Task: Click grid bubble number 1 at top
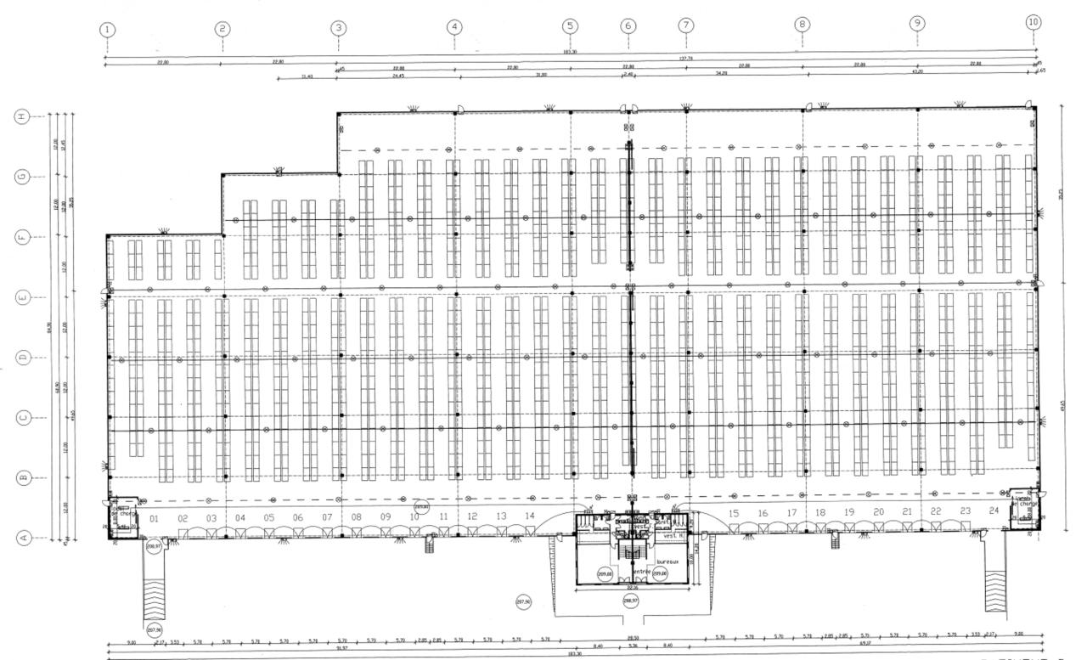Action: (x=107, y=30)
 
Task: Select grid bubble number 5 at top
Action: (x=570, y=26)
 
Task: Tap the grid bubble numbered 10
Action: (x=1033, y=22)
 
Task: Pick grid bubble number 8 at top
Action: (x=802, y=24)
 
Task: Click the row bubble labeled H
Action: (x=24, y=116)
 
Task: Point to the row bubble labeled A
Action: (x=24, y=537)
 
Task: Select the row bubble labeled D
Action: (x=24, y=358)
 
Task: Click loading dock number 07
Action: (x=326, y=517)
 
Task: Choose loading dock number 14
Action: (x=529, y=516)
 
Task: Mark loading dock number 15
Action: (x=734, y=514)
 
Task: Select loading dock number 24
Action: (x=994, y=511)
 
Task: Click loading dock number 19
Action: (x=849, y=512)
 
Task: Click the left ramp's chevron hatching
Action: (x=155, y=595)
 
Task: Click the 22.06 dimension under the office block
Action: (x=633, y=588)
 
